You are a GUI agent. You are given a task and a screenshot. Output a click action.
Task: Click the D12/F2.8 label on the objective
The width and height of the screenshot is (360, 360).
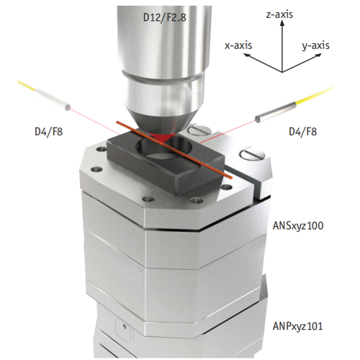(x=164, y=17)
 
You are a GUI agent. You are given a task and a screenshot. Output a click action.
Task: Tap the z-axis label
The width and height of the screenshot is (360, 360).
(x=279, y=14)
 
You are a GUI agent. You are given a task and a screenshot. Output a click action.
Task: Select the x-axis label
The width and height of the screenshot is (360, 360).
(x=238, y=45)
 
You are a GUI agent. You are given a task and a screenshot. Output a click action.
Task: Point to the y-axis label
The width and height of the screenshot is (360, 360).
(x=315, y=45)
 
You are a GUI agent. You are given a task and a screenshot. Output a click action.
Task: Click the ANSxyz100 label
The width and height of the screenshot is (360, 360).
(x=298, y=225)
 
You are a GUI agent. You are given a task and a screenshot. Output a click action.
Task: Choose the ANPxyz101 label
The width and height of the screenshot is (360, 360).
(x=297, y=326)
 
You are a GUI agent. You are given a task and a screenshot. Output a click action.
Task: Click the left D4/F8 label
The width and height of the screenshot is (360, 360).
(x=49, y=132)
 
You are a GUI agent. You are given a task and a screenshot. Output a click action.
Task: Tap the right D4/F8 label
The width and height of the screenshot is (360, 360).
(x=303, y=132)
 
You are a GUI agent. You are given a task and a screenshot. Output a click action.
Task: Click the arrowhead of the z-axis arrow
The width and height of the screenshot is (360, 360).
(x=282, y=22)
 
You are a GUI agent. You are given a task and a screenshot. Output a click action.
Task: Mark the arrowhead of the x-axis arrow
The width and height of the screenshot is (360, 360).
(x=246, y=55)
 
